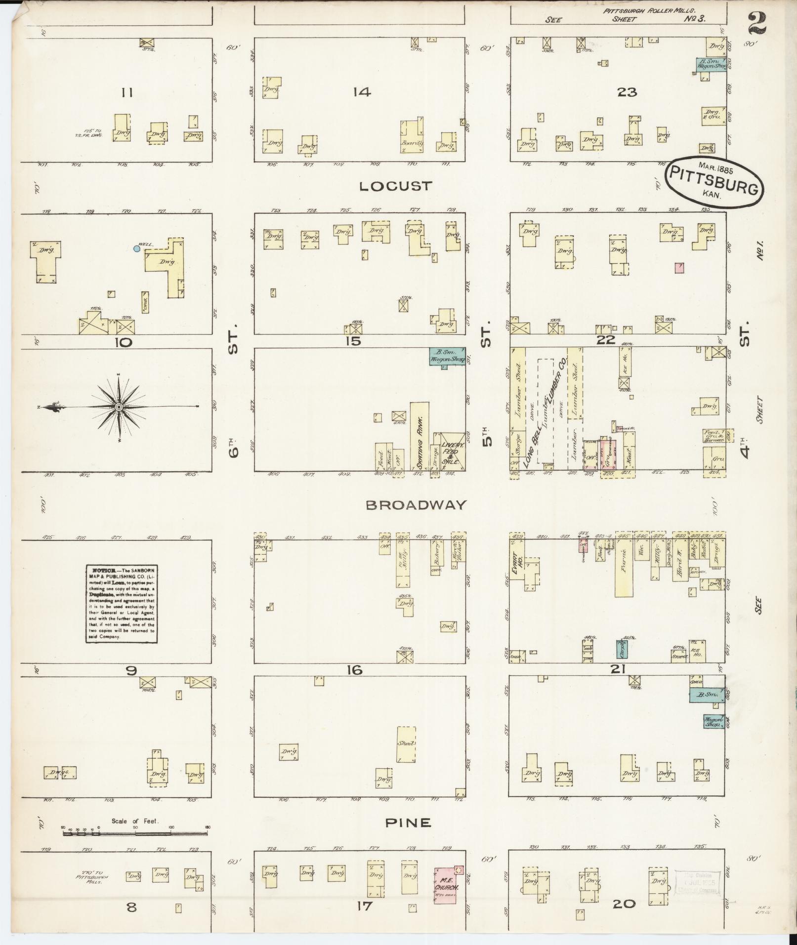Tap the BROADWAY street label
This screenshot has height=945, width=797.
(x=416, y=504)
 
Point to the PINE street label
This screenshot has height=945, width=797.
(x=408, y=822)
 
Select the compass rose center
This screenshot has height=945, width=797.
(x=119, y=407)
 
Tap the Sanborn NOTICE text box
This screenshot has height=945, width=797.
(x=122, y=604)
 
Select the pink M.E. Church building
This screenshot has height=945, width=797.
(x=449, y=886)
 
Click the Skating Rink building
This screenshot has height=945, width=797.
(x=420, y=436)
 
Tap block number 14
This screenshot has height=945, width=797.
(x=362, y=92)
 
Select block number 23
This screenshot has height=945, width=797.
(x=627, y=92)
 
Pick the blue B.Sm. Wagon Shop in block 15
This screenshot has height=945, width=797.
(x=447, y=356)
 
